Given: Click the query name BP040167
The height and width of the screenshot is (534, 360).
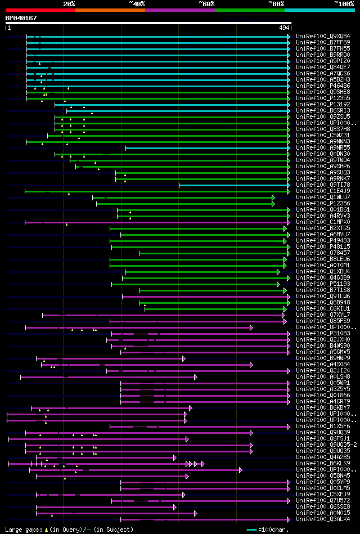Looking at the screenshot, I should point(21,18).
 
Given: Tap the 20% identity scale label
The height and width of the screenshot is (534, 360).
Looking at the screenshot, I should point(69,3).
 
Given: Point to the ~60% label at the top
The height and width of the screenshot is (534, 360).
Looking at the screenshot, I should point(206,3).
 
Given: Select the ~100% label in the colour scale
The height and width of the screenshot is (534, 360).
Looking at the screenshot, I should point(344,3).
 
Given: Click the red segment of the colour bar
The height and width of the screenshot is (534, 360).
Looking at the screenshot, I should point(40,10).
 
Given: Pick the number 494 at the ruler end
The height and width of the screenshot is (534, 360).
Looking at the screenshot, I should point(283,28).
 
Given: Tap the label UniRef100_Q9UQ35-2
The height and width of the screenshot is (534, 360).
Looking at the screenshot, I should point(326,445).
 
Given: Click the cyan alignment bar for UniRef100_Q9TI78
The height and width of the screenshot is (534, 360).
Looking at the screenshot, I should point(233,185).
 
